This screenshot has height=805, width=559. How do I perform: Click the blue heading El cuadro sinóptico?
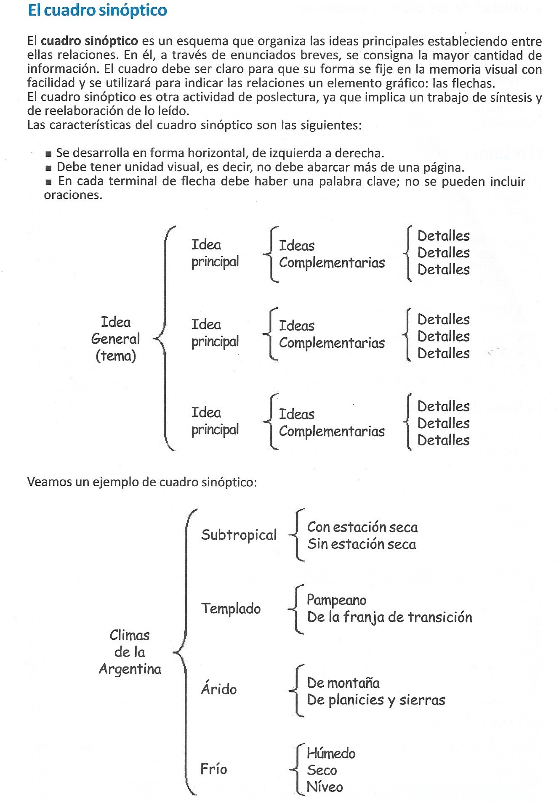[x=97, y=11]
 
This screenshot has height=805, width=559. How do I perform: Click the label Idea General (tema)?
[x=116, y=339]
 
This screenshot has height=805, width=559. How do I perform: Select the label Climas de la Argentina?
[x=130, y=652]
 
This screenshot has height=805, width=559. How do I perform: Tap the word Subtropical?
[x=239, y=535]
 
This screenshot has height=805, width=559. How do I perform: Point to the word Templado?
[x=231, y=609]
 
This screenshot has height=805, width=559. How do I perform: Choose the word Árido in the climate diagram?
[x=218, y=689]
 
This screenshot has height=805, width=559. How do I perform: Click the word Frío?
[x=213, y=769]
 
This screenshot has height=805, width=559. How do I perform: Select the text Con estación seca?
[x=362, y=527]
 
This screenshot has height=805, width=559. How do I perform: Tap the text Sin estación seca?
[x=362, y=544]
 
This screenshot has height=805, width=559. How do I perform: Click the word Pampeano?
[x=336, y=600]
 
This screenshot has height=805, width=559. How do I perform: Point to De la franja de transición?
[x=389, y=617]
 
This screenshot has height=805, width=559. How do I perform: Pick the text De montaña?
[x=343, y=683]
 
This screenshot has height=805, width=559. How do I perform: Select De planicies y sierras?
[x=376, y=700]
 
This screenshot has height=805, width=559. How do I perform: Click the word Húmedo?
[x=331, y=753]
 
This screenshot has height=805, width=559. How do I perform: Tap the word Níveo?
[x=325, y=787]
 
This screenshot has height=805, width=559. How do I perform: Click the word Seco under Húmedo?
[x=322, y=770]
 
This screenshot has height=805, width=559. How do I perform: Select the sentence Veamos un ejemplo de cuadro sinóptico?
[x=142, y=482]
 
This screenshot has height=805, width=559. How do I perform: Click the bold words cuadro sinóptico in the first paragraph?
[x=89, y=41]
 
